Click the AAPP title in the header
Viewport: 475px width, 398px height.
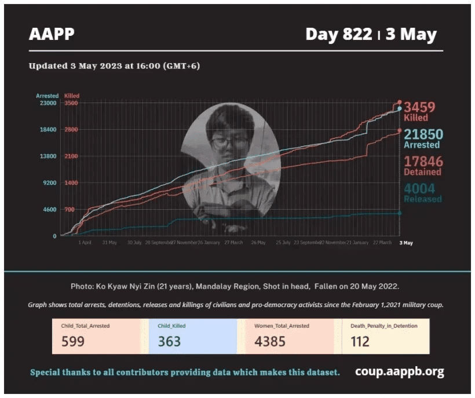tap(52, 35)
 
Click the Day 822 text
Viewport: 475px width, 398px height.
tap(339, 35)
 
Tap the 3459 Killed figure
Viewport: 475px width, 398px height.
tap(419, 107)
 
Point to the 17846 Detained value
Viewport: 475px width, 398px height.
tap(423, 162)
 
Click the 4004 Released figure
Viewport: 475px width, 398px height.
tap(419, 189)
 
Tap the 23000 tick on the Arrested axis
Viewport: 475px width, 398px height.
tap(47, 103)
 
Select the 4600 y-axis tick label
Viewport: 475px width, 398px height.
tap(49, 210)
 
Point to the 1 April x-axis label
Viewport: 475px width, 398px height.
tap(85, 243)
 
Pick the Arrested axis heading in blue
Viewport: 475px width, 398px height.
tap(47, 96)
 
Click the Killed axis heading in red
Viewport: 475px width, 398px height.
tap(72, 96)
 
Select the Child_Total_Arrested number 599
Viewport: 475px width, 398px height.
tap(73, 341)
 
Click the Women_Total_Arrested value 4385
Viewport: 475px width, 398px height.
tap(270, 341)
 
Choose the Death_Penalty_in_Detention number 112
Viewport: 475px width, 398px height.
tap(360, 341)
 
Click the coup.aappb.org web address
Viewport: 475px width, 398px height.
tap(400, 372)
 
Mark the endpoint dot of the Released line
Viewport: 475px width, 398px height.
tap(400, 213)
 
